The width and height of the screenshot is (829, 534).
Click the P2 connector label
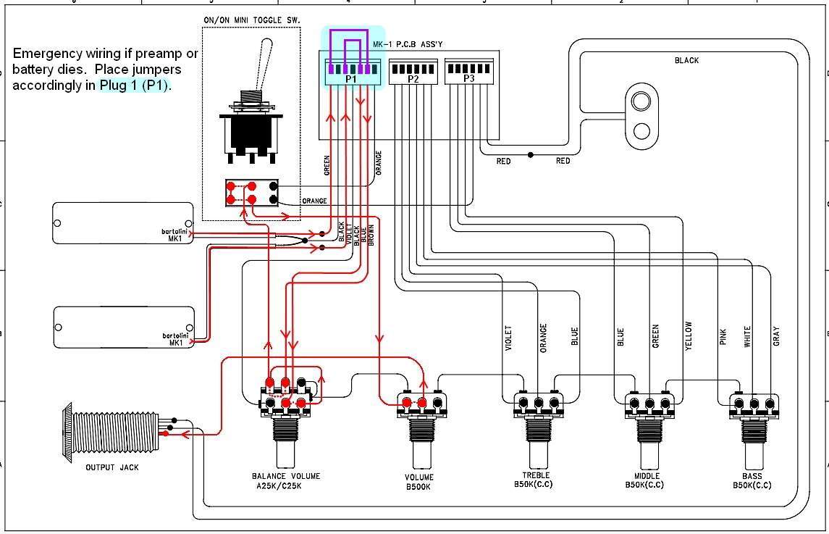(x=413, y=80)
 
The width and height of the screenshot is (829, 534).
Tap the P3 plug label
(x=469, y=78)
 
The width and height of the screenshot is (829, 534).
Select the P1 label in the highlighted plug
(x=351, y=79)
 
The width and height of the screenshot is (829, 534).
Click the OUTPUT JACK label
(x=112, y=467)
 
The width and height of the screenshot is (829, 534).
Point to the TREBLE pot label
(x=536, y=475)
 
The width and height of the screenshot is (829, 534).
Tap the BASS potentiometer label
(x=752, y=476)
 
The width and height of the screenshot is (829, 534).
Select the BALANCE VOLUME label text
(x=286, y=476)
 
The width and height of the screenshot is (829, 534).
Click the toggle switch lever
(x=263, y=64)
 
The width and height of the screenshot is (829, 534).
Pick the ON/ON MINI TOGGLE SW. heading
(x=252, y=20)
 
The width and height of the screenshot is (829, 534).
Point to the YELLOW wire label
(x=689, y=335)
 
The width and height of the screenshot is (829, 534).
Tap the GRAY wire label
(x=776, y=336)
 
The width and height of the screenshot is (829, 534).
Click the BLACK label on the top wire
(x=687, y=60)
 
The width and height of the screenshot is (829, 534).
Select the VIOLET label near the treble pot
(x=508, y=338)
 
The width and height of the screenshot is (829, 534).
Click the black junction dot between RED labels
(x=531, y=155)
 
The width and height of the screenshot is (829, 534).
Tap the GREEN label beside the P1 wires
(x=327, y=165)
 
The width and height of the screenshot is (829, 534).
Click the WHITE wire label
(x=747, y=337)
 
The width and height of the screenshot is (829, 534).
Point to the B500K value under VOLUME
(x=418, y=486)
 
